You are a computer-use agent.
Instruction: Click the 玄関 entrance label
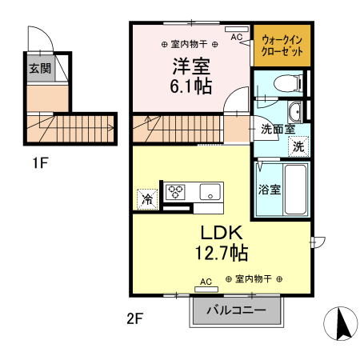coord(39,69)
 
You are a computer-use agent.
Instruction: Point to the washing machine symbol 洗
coord(297,146)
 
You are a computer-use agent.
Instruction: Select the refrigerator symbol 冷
coord(147,198)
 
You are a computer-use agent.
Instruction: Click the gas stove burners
coord(176,191)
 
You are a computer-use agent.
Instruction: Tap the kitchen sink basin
coord(210,191)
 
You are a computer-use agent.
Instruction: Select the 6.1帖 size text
coord(190,86)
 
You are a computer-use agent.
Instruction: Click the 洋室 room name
coord(190,65)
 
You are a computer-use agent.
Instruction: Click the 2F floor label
coord(134,318)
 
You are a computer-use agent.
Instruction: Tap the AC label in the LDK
coord(206,282)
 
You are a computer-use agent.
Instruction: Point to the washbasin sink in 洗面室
coord(294,111)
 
